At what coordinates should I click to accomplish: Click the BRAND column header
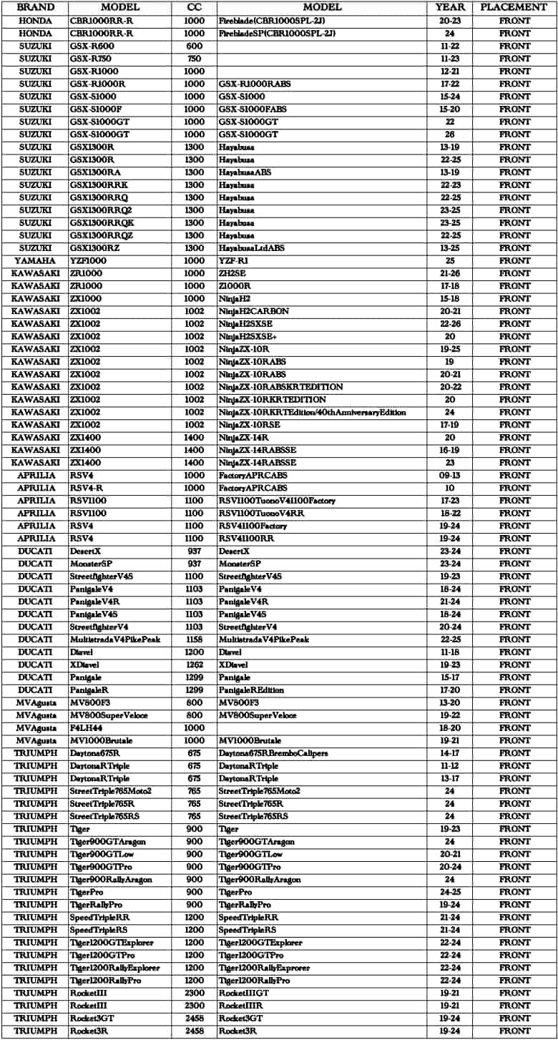pyautogui.click(x=35, y=7)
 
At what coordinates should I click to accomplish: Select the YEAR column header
pyautogui.click(x=450, y=7)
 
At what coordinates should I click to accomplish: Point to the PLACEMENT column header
pyautogui.click(x=515, y=7)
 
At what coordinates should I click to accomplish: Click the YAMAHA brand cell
pyautogui.click(x=35, y=260)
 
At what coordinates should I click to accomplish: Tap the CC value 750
pyautogui.click(x=194, y=59)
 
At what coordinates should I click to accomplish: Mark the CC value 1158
pyautogui.click(x=194, y=639)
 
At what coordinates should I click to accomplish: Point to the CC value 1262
pyautogui.click(x=194, y=664)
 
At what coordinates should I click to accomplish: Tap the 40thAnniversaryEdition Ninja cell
pyautogui.click(x=313, y=412)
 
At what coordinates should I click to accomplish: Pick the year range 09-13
pyautogui.click(x=450, y=475)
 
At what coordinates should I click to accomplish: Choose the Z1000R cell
pyautogui.click(x=235, y=285)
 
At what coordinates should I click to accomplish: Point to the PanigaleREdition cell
pyautogui.click(x=251, y=690)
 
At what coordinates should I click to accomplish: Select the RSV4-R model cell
pyautogui.click(x=84, y=488)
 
